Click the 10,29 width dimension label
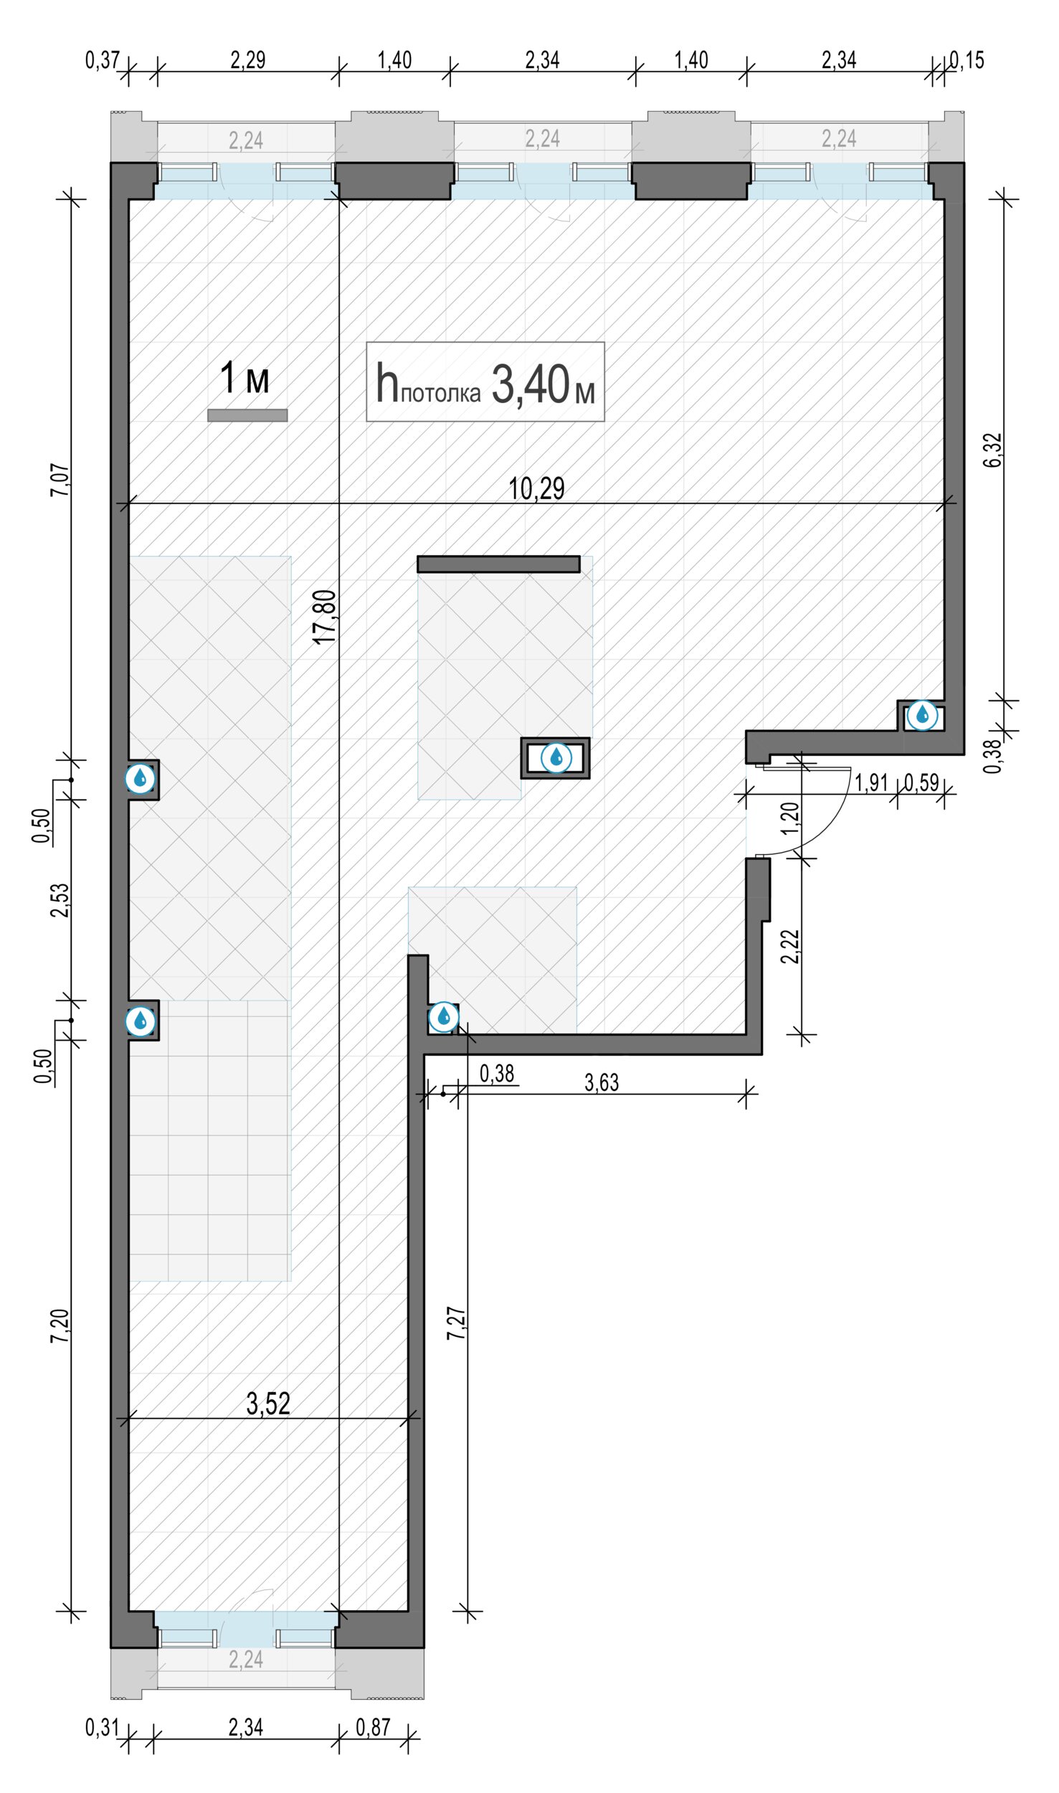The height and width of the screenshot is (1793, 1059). pos(536,488)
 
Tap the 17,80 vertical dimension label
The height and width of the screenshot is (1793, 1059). pos(325,617)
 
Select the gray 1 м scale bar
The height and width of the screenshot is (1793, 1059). pos(247,415)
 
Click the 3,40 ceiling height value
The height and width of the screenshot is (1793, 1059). pos(531,384)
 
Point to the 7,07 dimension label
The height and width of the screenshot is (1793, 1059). pos(61,481)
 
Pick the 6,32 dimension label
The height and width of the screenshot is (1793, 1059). pos(993,450)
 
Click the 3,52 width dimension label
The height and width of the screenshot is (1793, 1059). pos(268,861)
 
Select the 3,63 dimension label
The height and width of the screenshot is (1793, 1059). pos(602,1082)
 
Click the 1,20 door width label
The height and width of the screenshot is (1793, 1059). pos(789,818)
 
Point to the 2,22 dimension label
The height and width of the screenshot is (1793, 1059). pos(789,947)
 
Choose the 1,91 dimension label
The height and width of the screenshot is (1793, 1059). pos(871,782)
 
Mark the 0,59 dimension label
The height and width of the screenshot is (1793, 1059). pos(921,782)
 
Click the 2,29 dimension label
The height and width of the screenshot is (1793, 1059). pos(248,60)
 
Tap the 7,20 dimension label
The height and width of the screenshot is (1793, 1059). pos(61,1327)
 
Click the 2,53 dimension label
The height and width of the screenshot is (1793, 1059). pos(61,900)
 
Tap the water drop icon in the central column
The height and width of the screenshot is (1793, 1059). pos(556,757)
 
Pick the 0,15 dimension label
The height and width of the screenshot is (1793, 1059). pos(967,60)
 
